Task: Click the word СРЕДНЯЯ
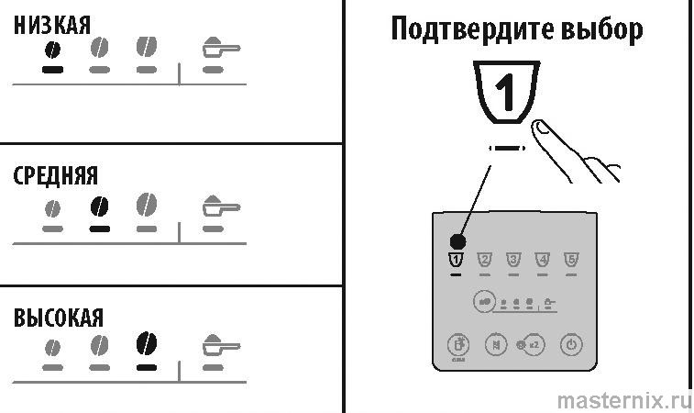click(x=55, y=175)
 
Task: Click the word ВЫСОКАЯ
click(x=58, y=318)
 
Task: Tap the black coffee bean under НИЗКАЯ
click(x=53, y=49)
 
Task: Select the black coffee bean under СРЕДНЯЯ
click(x=99, y=205)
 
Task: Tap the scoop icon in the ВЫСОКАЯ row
click(x=219, y=346)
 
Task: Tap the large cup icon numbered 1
click(x=504, y=93)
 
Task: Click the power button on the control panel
click(x=571, y=346)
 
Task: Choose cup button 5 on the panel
click(x=571, y=260)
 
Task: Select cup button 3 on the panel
click(x=513, y=260)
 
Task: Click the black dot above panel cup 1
click(x=458, y=241)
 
